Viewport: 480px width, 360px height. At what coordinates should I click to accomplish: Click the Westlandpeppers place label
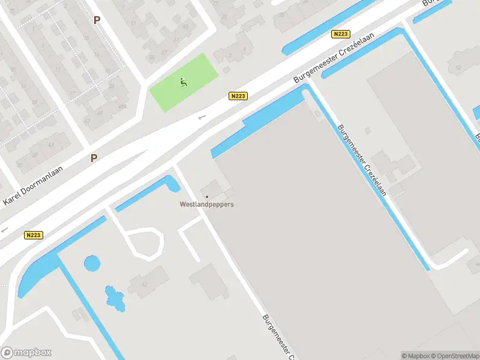click(207, 204)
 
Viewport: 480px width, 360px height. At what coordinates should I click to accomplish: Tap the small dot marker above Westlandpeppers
click(207, 196)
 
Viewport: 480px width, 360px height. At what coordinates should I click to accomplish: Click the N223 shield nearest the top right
click(340, 34)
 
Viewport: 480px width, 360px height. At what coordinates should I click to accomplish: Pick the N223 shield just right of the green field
click(238, 95)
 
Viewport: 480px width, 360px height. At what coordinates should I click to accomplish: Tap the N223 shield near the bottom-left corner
click(33, 235)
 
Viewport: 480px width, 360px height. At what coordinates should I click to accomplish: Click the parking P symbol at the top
click(97, 20)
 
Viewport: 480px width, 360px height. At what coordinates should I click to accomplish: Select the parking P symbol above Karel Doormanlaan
click(94, 158)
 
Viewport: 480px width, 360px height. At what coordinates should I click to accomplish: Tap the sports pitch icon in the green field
click(183, 82)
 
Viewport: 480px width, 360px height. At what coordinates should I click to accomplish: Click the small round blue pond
click(92, 263)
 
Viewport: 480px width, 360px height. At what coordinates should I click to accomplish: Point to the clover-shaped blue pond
click(115, 298)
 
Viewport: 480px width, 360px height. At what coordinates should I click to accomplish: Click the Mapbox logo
click(26, 353)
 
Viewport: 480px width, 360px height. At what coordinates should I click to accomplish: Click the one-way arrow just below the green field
click(202, 117)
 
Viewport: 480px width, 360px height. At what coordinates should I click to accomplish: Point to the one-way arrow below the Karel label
click(5, 229)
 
